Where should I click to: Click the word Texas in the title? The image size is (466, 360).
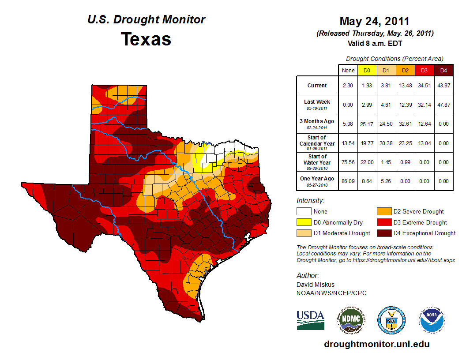[146, 39]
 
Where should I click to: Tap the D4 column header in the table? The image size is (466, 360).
[443, 70]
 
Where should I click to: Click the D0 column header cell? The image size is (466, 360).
[367, 70]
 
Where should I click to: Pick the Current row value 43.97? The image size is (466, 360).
[443, 86]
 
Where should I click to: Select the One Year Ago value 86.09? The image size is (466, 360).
[348, 181]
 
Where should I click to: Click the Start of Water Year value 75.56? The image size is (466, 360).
[348, 162]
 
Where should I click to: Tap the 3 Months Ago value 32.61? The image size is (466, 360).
[405, 124]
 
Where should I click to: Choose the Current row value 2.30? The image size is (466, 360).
[348, 86]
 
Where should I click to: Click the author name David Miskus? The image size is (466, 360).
[315, 285]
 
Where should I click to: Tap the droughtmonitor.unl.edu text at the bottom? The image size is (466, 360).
[376, 344]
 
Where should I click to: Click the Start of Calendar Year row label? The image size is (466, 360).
[317, 143]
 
